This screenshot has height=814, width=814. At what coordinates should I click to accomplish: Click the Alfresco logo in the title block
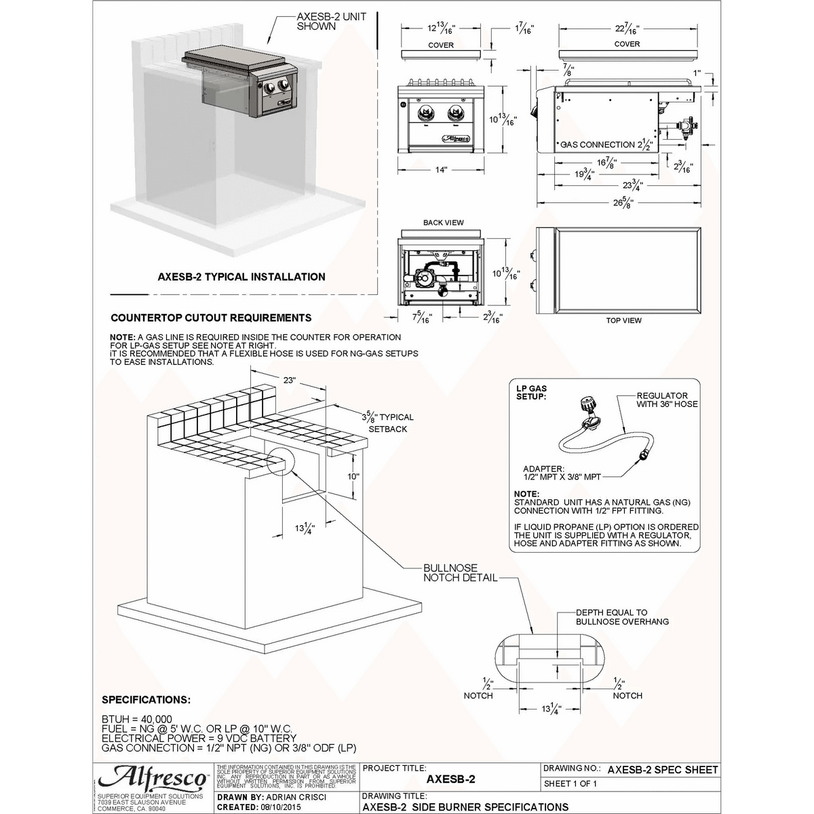pos(153,777)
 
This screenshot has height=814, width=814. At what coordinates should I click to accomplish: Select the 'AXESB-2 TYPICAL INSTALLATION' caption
pos(241,277)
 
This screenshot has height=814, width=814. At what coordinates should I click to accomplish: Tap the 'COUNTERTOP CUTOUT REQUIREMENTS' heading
pos(211,317)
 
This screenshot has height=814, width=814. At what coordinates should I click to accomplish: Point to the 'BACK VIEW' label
pos(443,223)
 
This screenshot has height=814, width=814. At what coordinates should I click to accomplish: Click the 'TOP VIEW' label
pos(623,320)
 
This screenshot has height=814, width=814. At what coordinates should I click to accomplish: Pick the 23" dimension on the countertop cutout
pos(290,381)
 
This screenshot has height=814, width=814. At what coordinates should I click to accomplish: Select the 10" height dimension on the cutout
pos(353,476)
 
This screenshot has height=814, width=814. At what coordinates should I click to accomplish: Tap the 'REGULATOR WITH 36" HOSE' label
pos(666,400)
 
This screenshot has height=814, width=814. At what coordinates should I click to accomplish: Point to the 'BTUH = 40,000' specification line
pos(137,719)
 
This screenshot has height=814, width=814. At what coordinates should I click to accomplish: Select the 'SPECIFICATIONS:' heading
pos(146,699)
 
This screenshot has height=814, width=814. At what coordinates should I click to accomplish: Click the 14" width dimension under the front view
pos(442,170)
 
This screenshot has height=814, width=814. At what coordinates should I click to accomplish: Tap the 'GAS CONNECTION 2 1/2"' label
pos(606,145)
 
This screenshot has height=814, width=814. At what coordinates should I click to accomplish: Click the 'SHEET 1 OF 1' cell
pos(570,784)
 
